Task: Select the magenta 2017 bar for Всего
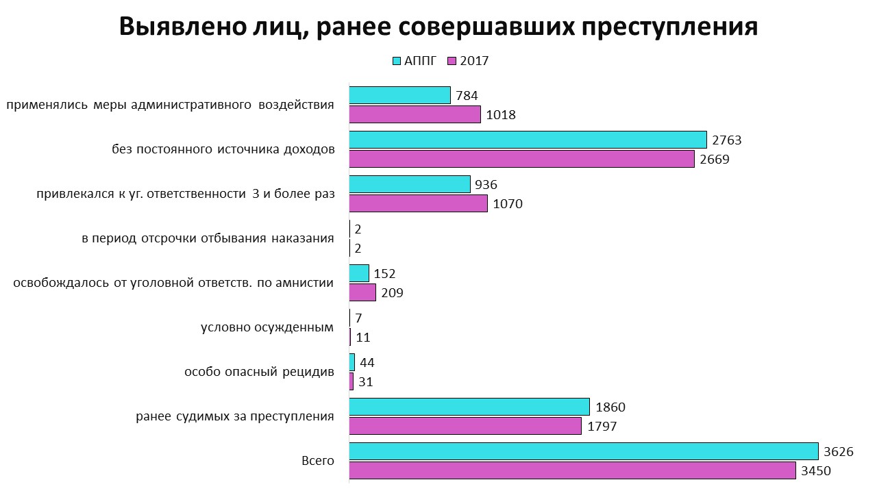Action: [572, 470]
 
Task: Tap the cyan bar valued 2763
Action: [528, 140]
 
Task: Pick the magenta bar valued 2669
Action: [521, 159]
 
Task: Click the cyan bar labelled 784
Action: [399, 95]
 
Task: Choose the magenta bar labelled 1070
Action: [418, 203]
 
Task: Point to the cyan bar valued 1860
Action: [469, 407]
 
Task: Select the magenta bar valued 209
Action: [362, 292]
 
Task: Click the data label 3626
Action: [839, 452]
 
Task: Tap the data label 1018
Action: [500, 115]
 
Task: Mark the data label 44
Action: [367, 363]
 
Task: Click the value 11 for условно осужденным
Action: [363, 338]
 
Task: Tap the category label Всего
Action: [318, 461]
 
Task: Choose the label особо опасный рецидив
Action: [259, 372]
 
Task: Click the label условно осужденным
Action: [267, 327]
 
